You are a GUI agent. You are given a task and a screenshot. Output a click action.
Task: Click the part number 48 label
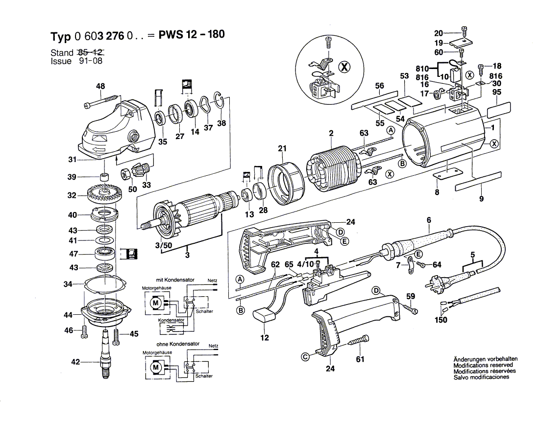pos(100,86)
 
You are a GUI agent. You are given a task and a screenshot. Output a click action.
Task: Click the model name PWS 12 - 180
pos(192,34)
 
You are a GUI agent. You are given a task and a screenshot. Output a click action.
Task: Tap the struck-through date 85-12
pos(91,52)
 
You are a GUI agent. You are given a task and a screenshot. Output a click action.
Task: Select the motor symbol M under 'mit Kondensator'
pos(155,303)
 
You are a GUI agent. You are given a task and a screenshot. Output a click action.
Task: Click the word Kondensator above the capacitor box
pos(171,320)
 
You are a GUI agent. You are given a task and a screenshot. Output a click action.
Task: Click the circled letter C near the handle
pos(305,357)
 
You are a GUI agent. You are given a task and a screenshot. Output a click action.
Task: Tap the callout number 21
pos(282,148)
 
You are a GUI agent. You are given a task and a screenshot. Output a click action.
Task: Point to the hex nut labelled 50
pos(125,174)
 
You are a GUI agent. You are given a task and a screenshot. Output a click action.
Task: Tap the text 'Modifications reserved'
pos(483,365)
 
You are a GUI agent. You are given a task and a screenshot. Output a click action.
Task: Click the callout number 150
pos(441,320)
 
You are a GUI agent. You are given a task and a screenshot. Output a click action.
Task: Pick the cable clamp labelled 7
pos(410,265)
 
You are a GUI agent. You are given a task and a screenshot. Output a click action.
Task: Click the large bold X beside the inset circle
pos(344,67)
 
